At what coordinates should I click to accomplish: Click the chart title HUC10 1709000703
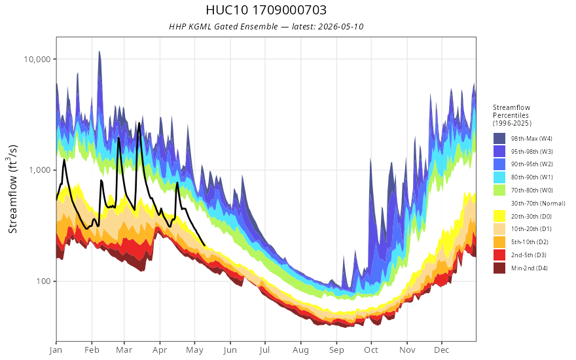pyautogui.click(x=266, y=10)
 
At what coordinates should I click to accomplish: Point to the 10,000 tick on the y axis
pyautogui.click(x=37, y=59)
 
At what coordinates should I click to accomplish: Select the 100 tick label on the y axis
pyautogui.click(x=43, y=281)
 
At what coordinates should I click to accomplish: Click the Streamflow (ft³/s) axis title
pyautogui.click(x=12, y=189)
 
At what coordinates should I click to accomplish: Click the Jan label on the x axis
pyautogui.click(x=56, y=350)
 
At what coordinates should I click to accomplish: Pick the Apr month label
pyautogui.click(x=160, y=350)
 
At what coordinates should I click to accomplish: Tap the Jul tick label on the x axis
pyautogui.click(x=264, y=350)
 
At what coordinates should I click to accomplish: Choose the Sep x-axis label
pyautogui.click(x=336, y=350)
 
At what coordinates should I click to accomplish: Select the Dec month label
pyautogui.click(x=442, y=350)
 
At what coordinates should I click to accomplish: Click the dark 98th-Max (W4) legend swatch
pyautogui.click(x=499, y=139)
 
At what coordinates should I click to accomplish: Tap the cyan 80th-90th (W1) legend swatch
pyautogui.click(x=499, y=177)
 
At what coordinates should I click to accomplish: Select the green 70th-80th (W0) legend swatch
pyautogui.click(x=499, y=190)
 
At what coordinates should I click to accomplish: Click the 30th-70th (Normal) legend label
pyautogui.click(x=538, y=203)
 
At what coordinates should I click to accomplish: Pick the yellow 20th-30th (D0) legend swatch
pyautogui.click(x=499, y=216)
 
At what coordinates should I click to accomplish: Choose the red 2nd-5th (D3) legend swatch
pyautogui.click(x=499, y=255)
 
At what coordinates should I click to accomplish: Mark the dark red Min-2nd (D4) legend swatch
pyautogui.click(x=499, y=268)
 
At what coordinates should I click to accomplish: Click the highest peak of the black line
pyautogui.click(x=139, y=124)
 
